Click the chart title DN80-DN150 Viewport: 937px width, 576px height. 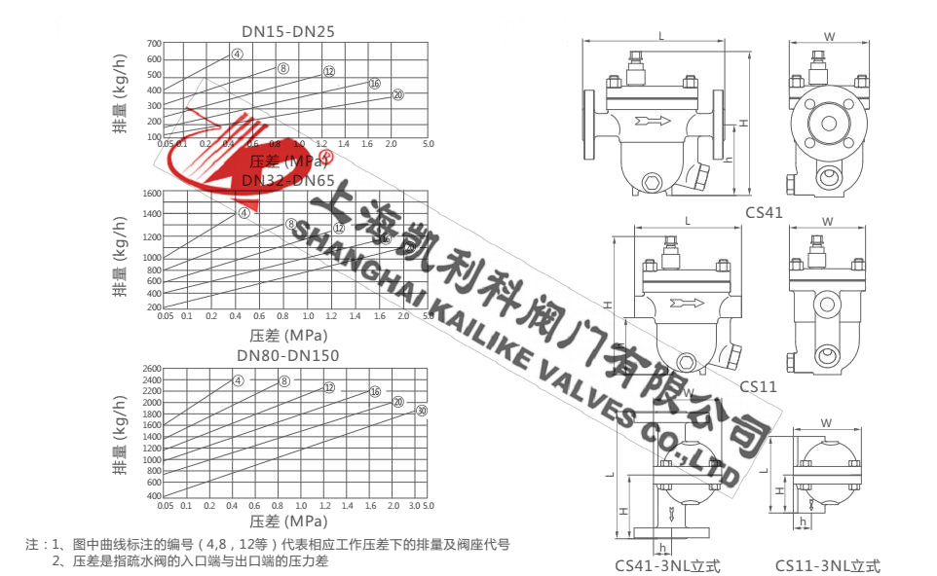pos(287,355)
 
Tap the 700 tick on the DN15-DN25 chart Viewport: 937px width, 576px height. pos(153,44)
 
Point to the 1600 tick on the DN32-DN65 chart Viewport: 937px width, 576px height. pos(150,193)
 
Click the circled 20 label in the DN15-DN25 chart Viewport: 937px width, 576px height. pos(397,94)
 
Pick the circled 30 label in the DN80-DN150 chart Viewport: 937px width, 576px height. pos(421,412)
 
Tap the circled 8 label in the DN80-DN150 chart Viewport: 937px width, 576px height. pos(284,380)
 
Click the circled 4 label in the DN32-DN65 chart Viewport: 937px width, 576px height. pos(244,212)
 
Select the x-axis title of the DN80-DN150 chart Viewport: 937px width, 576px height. pos(287,522)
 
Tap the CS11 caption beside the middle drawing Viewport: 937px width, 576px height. pos(758,386)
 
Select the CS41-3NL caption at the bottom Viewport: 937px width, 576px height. pos(667,564)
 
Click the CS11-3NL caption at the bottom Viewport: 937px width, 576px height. pos(827,564)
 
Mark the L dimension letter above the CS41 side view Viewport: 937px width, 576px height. pos(661,36)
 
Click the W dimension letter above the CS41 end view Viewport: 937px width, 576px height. pos(829,37)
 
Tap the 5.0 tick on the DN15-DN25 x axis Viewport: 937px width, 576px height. pos(427,143)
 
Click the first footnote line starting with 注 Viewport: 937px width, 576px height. pos(268,546)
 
